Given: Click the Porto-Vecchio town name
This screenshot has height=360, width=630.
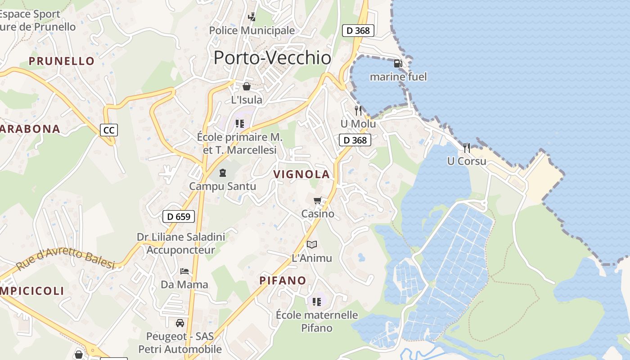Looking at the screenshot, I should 272,58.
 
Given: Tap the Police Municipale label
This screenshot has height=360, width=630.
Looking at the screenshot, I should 252,31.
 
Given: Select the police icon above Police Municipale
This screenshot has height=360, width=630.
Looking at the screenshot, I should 252,17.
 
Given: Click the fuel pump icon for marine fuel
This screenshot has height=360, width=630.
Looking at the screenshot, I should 398,63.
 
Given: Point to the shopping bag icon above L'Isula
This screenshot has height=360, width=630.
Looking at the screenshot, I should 247,86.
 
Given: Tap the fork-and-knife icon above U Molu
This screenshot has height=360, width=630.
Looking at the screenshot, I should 358,110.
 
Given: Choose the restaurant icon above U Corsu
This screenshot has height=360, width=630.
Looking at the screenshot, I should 467,148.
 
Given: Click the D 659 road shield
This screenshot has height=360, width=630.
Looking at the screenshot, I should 179,216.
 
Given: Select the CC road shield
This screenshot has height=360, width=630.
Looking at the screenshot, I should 108,130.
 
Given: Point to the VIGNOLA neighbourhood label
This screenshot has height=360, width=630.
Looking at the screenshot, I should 301,175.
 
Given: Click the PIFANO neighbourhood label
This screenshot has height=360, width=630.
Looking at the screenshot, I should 283,281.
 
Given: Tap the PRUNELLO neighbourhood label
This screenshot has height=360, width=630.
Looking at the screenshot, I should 62,61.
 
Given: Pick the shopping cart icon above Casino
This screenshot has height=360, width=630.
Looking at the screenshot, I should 318,200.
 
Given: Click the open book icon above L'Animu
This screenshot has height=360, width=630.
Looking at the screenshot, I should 312,244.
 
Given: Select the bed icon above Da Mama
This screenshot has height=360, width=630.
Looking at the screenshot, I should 184,271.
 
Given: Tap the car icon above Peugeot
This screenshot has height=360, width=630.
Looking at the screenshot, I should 180,323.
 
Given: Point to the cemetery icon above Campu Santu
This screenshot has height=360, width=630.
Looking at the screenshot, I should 223,172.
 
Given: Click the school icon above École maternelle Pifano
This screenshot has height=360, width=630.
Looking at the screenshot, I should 317,301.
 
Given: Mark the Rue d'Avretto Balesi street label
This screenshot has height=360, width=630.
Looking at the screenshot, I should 66,260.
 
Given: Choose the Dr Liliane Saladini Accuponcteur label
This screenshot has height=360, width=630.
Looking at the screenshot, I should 181,243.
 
